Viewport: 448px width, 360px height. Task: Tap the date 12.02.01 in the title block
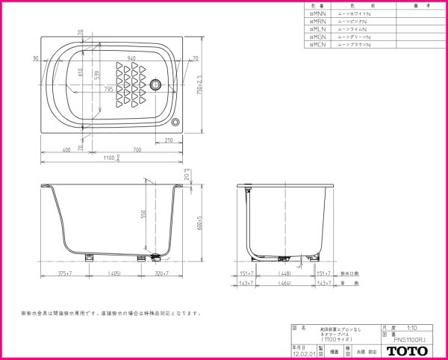(300, 354)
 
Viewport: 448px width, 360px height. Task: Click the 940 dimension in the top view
(131, 58)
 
